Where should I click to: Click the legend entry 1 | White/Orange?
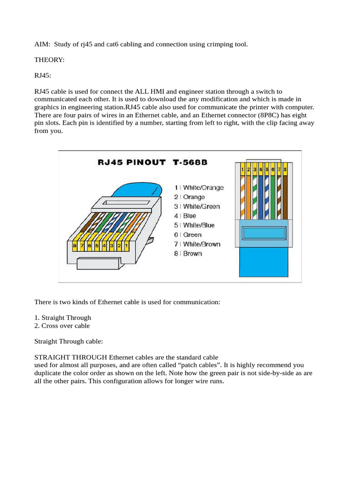click(x=199, y=187)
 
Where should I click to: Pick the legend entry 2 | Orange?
click(x=189, y=197)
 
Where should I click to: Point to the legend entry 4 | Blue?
click(x=185, y=216)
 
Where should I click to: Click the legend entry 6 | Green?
click(x=187, y=235)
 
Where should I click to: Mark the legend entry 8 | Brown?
click(x=188, y=254)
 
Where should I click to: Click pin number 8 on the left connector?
click(x=75, y=245)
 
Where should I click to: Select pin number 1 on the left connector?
click(x=126, y=245)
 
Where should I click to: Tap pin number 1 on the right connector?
click(x=242, y=168)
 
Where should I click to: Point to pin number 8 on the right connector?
click(x=285, y=168)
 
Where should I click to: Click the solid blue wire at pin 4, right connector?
click(x=260, y=197)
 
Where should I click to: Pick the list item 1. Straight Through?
click(x=63, y=317)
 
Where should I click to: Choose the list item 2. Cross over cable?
click(x=62, y=325)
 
